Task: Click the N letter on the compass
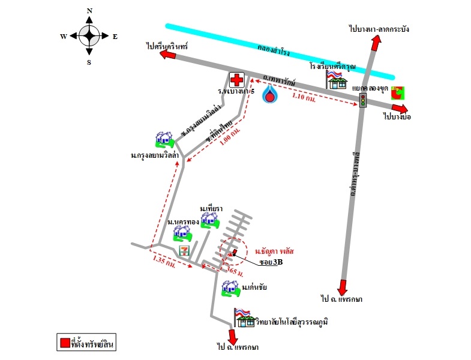pyautogui.click(x=89, y=10)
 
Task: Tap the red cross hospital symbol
pyautogui.click(x=238, y=79)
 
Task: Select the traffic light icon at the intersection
pyautogui.click(x=362, y=101)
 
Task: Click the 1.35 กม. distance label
pyautogui.click(x=164, y=261)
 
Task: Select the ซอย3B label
pyautogui.click(x=271, y=262)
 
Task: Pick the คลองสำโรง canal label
pyautogui.click(x=274, y=49)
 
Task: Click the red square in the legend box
pyautogui.click(x=64, y=344)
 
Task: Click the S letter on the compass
pyautogui.click(x=89, y=62)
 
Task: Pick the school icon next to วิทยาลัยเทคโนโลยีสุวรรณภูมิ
pyautogui.click(x=245, y=318)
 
